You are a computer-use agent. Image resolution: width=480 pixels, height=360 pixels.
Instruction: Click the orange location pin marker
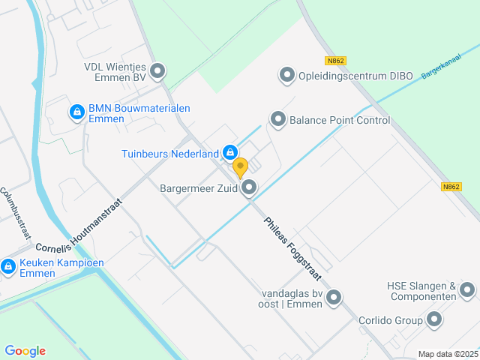(240, 167)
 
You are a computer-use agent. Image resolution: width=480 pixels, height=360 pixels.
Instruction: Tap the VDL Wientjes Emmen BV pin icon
(157, 72)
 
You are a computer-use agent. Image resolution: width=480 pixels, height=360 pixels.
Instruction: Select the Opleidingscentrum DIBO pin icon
(286, 75)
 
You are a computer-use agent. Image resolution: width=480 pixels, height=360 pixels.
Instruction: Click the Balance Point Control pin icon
(278, 119)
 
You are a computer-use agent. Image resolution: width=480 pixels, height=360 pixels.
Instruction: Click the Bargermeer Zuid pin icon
(249, 188)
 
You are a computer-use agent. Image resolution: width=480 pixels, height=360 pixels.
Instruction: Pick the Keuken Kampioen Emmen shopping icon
(8, 266)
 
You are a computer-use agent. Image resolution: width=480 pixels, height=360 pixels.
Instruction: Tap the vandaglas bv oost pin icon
(333, 298)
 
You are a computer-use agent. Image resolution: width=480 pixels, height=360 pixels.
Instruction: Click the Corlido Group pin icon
(434, 320)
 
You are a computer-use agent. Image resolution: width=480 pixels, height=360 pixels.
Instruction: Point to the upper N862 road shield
(335, 61)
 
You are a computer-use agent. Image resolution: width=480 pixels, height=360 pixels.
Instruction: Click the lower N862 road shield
(451, 187)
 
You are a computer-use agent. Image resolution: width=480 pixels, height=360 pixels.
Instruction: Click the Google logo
(25, 351)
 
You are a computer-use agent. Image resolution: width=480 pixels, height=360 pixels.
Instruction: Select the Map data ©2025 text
(448, 354)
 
